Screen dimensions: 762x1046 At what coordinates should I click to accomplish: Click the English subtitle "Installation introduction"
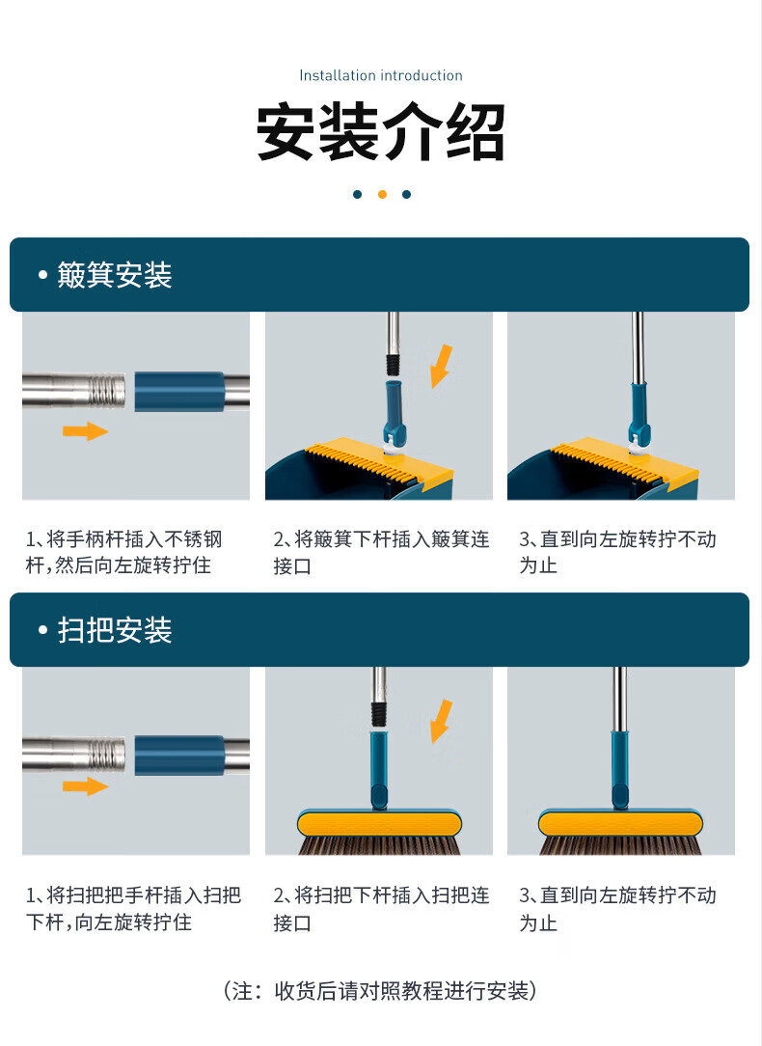coord(381,75)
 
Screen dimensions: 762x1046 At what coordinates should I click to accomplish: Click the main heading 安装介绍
coord(381,131)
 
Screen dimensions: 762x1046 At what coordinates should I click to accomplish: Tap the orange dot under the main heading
coord(382,194)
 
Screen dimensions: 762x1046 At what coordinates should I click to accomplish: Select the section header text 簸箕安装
coord(115,275)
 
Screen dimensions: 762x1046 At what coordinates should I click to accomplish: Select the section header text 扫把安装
coord(115,630)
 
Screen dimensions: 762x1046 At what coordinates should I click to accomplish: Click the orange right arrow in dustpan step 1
coord(85,431)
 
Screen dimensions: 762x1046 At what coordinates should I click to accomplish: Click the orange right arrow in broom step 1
coord(85,785)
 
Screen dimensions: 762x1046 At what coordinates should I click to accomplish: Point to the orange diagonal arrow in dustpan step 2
coord(441,367)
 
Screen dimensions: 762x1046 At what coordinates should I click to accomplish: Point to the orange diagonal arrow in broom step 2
coord(441,721)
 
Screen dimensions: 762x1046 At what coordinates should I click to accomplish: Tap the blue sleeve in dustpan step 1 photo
coord(179,392)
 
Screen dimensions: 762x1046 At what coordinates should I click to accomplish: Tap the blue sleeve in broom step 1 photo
coord(179,756)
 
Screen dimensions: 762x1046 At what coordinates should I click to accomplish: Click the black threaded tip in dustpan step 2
coord(394,365)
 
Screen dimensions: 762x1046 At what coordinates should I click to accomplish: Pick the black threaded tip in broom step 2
coord(379,714)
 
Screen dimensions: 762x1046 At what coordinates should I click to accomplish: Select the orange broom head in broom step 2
coord(379,824)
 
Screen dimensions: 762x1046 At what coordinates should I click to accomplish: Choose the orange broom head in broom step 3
coord(620,824)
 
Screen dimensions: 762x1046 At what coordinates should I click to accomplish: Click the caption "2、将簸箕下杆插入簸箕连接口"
coord(381,552)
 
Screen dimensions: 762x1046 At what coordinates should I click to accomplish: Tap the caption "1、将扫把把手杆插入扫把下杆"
coord(133,908)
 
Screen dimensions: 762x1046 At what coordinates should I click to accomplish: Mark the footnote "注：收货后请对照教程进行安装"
coord(381,991)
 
